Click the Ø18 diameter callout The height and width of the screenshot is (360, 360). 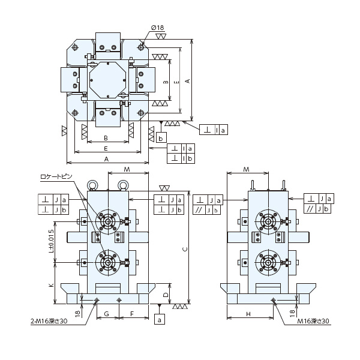coord(157,28)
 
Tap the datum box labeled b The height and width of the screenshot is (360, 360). coord(161,138)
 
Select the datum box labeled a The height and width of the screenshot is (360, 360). coord(160,319)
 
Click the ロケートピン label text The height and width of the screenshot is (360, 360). coord(56,176)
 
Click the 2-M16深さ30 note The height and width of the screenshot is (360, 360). coord(49,321)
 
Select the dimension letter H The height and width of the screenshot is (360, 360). coord(248,314)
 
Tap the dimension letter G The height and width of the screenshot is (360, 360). coord(107,314)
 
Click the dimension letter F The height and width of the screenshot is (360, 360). coord(132,314)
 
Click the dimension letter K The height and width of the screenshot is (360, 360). coord(51,285)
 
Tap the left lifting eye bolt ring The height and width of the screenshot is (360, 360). coord(92,184)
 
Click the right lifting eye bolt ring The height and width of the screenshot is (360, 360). coord(123,184)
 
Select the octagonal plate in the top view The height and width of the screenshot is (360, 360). coord(107,80)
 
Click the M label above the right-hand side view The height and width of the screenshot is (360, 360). coord(246,169)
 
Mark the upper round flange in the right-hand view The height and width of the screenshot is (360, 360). coord(268,221)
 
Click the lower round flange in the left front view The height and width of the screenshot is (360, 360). coord(107,262)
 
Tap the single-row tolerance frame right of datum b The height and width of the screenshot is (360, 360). coord(214,130)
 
